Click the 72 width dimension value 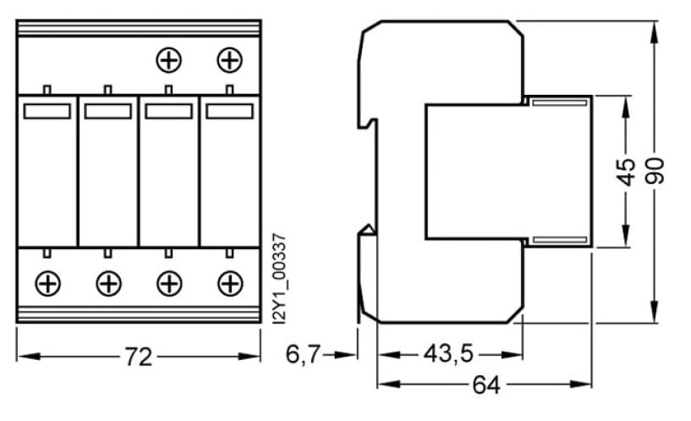tap(139, 357)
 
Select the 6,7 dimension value tap(302, 355)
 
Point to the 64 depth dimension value tap(485, 385)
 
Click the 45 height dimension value tap(626, 171)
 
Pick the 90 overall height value tap(656, 170)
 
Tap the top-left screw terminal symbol tap(169, 60)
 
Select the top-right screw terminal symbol tap(229, 60)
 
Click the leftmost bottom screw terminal tap(47, 283)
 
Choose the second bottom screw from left tap(108, 283)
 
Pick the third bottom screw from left tap(169, 283)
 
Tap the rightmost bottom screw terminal tap(229, 283)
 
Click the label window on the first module tap(47, 111)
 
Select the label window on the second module tap(108, 111)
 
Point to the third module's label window tap(168, 111)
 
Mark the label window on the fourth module tap(229, 111)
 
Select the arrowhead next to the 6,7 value tap(350, 355)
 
